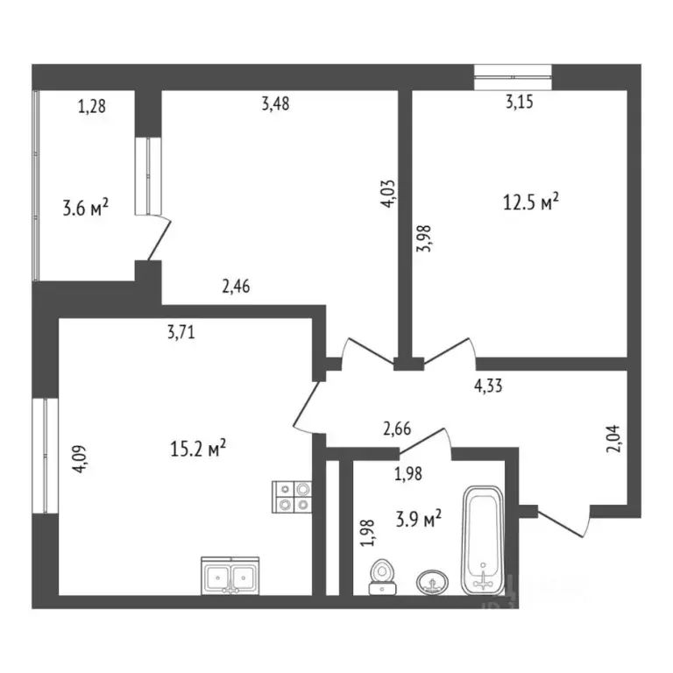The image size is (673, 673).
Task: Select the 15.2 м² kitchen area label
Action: coord(198,450)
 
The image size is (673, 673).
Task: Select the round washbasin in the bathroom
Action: coord(431,580)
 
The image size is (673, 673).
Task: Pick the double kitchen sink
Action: coord(230,576)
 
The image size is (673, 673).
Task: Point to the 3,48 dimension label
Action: coord(275,103)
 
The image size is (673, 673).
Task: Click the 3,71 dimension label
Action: coord(180,331)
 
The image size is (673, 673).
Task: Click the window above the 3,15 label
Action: coord(513,77)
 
